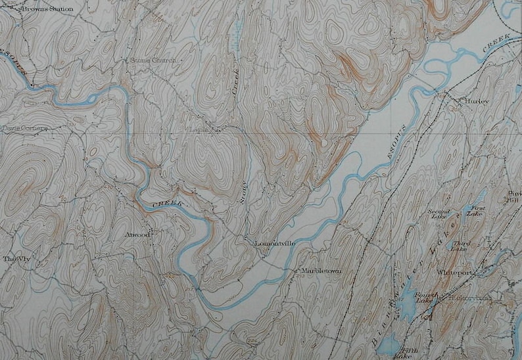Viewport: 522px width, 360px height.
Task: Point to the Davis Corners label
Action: click(x=26, y=127)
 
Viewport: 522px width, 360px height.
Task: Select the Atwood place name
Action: click(x=139, y=234)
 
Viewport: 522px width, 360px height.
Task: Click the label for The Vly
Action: click(x=16, y=259)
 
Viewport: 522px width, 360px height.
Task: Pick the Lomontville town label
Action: click(x=275, y=244)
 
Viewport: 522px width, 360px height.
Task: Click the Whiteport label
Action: click(x=454, y=272)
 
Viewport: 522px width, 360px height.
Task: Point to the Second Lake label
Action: click(x=438, y=214)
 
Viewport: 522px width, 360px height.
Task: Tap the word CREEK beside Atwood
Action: click(x=167, y=204)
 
